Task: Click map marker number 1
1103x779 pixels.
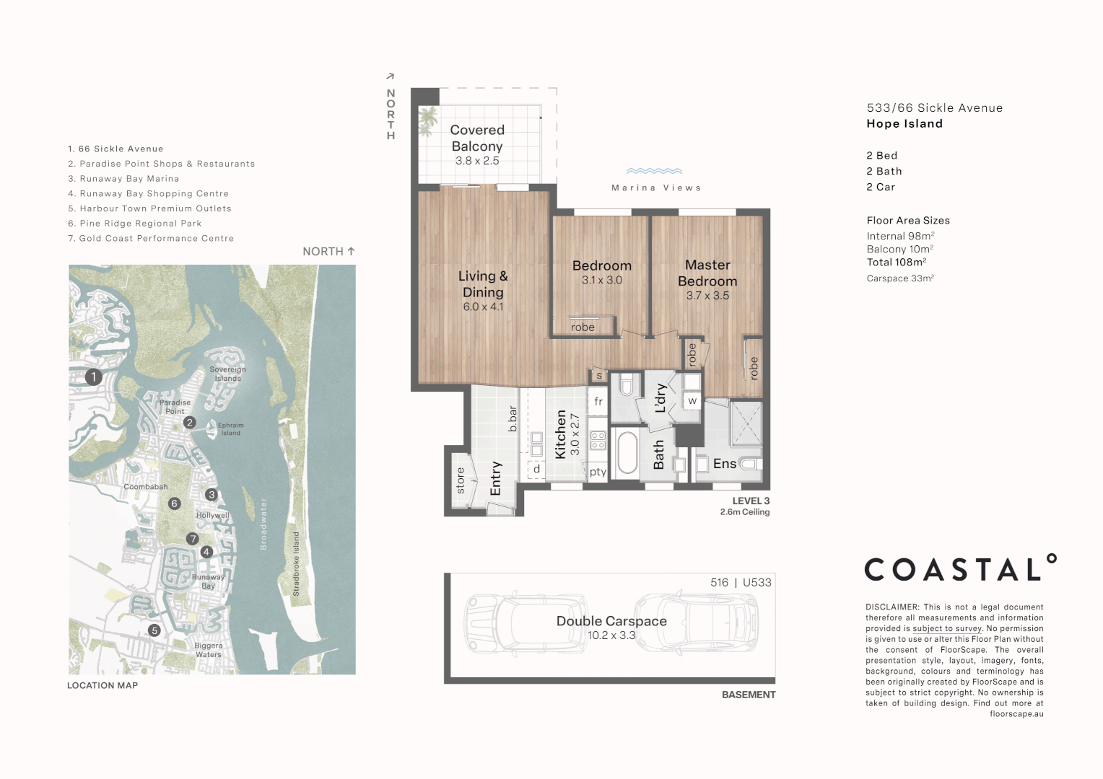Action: click(x=93, y=377)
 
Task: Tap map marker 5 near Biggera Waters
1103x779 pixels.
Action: click(x=154, y=630)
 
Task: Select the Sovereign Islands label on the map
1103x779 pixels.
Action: click(x=227, y=374)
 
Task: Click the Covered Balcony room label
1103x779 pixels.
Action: click(x=476, y=138)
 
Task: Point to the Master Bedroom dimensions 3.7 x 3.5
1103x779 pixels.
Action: click(x=707, y=296)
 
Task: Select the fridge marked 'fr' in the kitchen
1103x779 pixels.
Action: click(x=598, y=402)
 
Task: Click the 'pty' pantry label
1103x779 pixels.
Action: click(x=598, y=472)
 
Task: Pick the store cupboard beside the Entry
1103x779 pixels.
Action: click(x=461, y=480)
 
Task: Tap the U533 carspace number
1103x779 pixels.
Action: click(x=757, y=583)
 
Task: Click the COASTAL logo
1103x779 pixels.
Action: click(x=959, y=569)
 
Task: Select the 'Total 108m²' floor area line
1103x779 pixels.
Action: click(x=896, y=263)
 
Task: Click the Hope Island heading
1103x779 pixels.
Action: click(x=904, y=124)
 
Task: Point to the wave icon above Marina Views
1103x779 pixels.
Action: click(x=654, y=172)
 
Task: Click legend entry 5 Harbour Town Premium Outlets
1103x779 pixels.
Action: click(x=149, y=208)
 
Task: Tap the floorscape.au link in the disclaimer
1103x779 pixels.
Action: click(x=1016, y=714)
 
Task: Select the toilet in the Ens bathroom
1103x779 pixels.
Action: click(x=751, y=465)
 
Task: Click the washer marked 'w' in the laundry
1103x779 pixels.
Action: click(x=692, y=401)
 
